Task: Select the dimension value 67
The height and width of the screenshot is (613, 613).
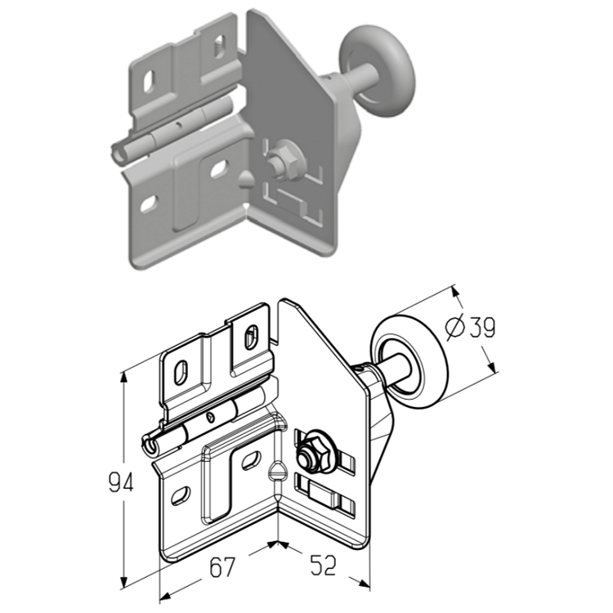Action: click(x=222, y=567)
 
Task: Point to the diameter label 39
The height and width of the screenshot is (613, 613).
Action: click(x=482, y=327)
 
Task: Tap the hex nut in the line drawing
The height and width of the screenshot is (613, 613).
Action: click(x=307, y=453)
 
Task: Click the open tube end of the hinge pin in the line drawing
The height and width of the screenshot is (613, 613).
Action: click(x=150, y=445)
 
